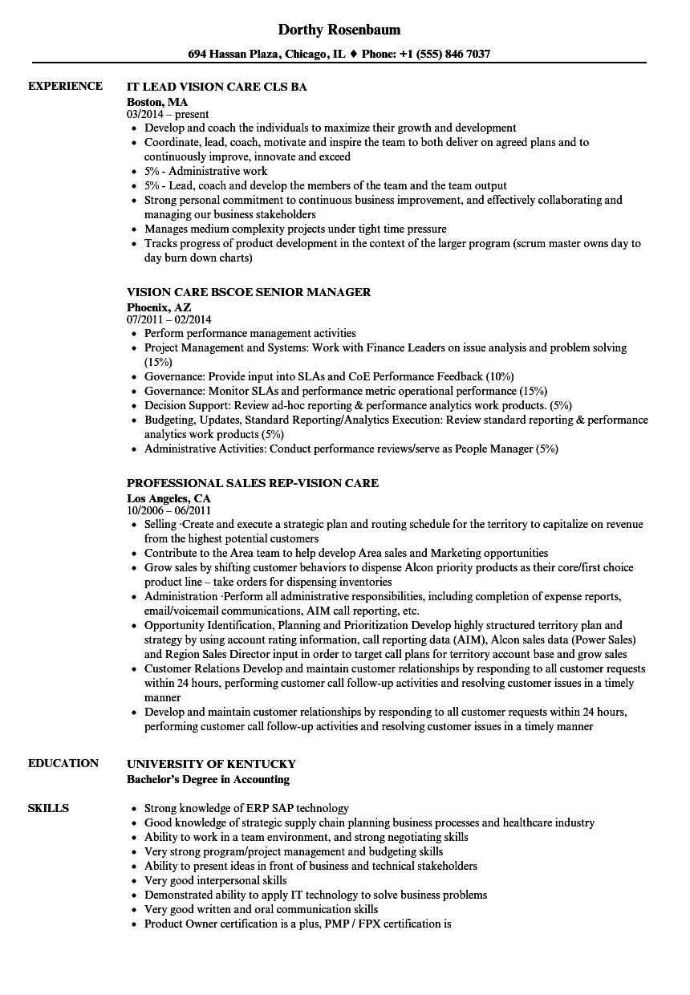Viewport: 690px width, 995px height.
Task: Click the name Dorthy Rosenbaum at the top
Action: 339,30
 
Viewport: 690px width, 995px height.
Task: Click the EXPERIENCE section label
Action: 65,86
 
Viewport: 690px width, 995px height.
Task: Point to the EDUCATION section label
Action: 63,763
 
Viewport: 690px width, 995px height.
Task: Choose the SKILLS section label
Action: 48,808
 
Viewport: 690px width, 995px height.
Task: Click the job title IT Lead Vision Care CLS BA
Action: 217,87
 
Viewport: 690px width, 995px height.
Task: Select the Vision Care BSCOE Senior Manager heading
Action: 249,292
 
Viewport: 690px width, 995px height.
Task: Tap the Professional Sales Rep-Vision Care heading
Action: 253,483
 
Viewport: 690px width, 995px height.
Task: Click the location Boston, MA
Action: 157,102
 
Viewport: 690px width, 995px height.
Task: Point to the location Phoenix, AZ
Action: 159,307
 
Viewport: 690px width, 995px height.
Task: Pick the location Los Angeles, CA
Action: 168,498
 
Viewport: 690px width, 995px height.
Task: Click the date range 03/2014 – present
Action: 168,115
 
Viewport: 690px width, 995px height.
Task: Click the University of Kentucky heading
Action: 211,764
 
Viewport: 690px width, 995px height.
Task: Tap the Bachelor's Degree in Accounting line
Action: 209,779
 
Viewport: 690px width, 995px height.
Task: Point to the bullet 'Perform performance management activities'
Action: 250,333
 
